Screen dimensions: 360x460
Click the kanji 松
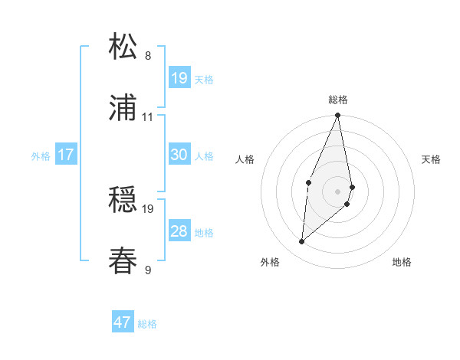[x=123, y=47]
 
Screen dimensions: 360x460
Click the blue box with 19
[x=179, y=78]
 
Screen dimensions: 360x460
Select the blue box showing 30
[x=179, y=155]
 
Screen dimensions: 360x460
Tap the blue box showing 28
[x=179, y=231]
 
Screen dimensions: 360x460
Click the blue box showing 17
[x=66, y=155]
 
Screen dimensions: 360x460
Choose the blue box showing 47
[x=123, y=322]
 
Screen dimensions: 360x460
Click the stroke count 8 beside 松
[x=148, y=55]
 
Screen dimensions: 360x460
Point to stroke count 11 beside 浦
[x=148, y=117]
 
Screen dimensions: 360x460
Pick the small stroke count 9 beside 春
[x=148, y=269]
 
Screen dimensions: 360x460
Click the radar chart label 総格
[x=338, y=100]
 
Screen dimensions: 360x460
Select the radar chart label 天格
[x=431, y=159]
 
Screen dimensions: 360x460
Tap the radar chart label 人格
[x=245, y=159]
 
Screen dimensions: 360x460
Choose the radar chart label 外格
[x=270, y=262]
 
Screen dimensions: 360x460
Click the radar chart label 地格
[x=402, y=262]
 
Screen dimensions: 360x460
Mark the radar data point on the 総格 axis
[x=337, y=116]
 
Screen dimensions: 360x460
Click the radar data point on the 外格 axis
[x=302, y=242]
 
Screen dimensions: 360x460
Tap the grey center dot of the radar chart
[x=337, y=191]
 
